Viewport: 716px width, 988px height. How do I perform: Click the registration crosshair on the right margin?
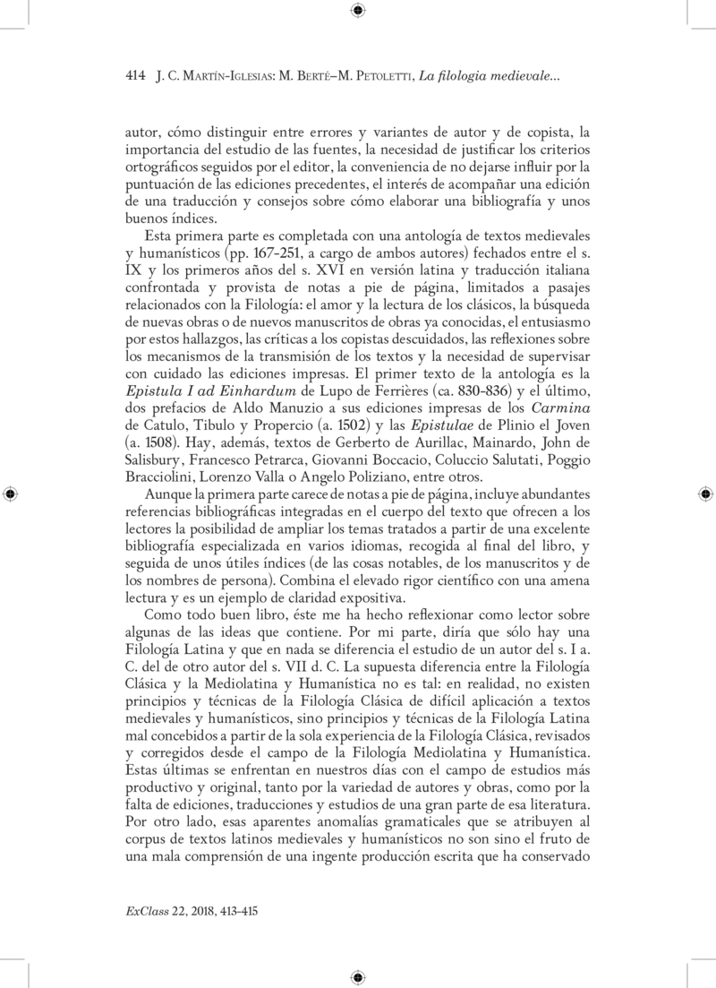coord(705,494)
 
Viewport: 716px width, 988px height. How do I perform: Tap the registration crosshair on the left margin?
coord(10,494)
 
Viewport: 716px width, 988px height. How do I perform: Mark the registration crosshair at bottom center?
coord(357,977)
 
